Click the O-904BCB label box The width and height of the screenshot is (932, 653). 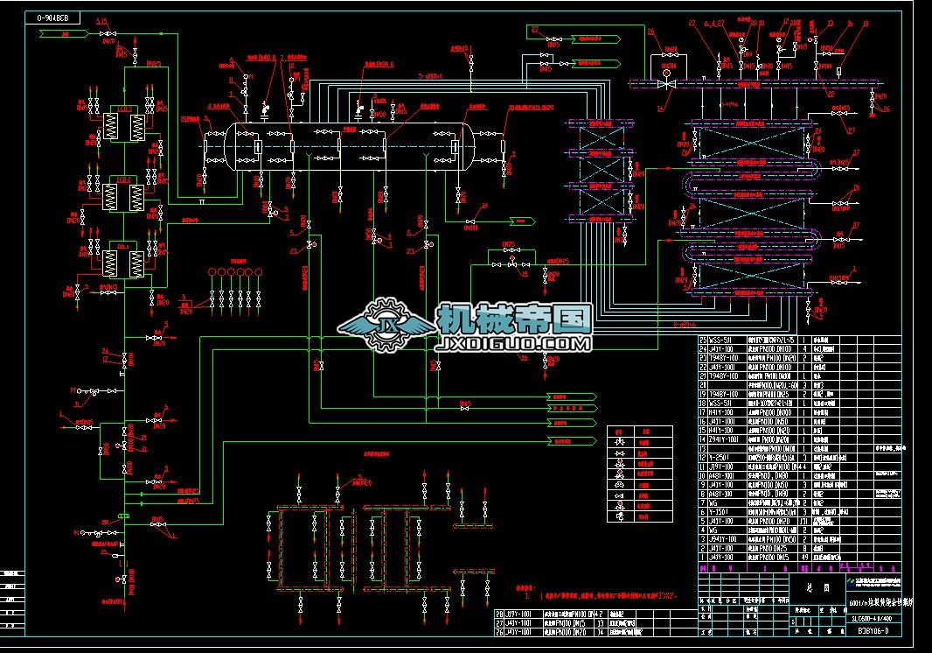[x=54, y=17]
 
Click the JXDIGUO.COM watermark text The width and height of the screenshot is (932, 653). [x=511, y=345]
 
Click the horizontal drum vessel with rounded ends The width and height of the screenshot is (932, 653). [x=350, y=143]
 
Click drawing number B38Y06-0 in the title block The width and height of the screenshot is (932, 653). [x=873, y=629]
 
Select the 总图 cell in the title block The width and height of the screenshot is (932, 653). [x=806, y=587]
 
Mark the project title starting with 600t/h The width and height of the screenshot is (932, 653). [x=879, y=603]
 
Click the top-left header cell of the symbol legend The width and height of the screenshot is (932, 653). [x=618, y=431]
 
